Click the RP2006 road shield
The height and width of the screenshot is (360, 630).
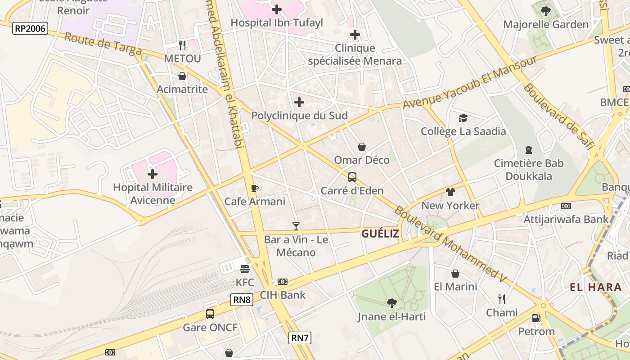click(x=30, y=28)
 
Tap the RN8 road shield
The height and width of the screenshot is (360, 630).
click(x=242, y=300)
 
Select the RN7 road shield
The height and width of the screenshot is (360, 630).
click(x=300, y=337)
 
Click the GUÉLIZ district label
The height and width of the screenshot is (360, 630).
click(x=380, y=234)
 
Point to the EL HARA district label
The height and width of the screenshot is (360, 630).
click(x=595, y=287)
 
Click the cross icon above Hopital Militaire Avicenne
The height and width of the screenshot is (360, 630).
click(x=153, y=174)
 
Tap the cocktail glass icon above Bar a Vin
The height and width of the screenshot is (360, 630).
click(x=296, y=226)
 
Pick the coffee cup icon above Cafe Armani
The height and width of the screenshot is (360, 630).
click(x=254, y=188)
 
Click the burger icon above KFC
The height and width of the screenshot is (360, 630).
click(x=245, y=269)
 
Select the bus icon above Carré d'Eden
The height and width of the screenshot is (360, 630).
click(x=352, y=177)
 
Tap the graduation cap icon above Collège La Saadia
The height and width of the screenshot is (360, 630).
click(x=463, y=118)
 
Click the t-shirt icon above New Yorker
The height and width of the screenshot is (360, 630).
click(x=450, y=192)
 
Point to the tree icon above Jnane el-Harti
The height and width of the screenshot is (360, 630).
click(x=391, y=303)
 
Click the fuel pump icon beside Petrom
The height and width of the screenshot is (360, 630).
click(x=536, y=318)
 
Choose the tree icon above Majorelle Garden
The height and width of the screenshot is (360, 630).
click(x=545, y=11)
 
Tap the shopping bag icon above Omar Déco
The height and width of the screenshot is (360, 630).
click(x=361, y=147)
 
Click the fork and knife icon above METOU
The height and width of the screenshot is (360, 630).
click(x=182, y=45)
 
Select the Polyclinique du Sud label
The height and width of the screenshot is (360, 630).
click(x=299, y=116)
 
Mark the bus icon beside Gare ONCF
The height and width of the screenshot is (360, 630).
click(x=210, y=314)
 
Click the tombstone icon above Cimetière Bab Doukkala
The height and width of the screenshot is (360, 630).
click(x=528, y=150)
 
